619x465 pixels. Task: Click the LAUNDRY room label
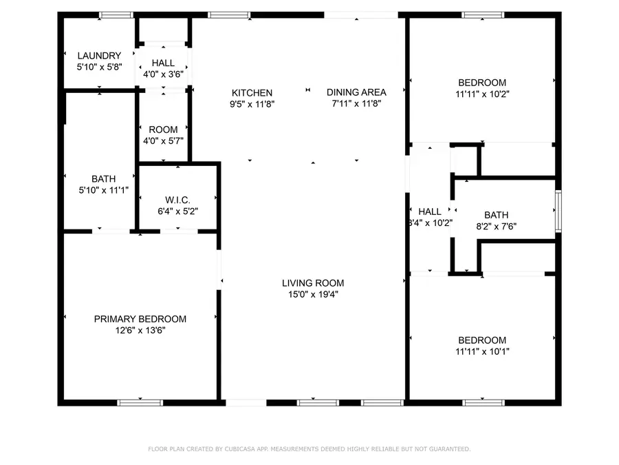[99, 56]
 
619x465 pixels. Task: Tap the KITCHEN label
[252, 92]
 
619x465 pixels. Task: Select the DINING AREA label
[356, 92]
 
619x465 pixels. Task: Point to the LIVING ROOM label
[313, 282]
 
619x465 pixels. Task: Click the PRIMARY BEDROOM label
[140, 319]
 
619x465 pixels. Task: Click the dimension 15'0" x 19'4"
[313, 294]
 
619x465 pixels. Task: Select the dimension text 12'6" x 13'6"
[140, 330]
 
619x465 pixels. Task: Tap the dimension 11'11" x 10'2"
[481, 94]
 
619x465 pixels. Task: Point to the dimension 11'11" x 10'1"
[481, 351]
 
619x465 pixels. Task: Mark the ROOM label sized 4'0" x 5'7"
[163, 130]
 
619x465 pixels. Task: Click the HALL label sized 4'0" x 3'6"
[163, 63]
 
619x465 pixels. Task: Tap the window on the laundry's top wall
[116, 14]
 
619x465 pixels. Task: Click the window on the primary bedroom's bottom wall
[140, 402]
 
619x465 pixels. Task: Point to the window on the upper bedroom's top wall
[482, 14]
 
